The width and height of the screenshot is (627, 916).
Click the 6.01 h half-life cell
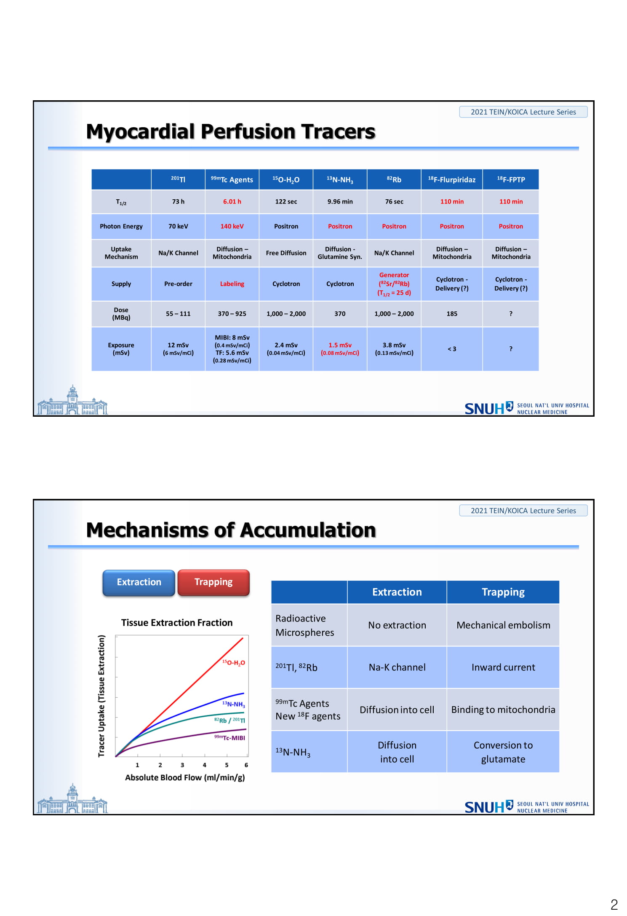(x=232, y=201)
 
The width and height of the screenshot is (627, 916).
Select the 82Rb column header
(x=394, y=179)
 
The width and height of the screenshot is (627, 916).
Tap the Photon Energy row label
(x=121, y=226)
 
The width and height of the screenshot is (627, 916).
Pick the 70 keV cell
(x=178, y=226)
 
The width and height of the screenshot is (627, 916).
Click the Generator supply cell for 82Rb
(x=394, y=284)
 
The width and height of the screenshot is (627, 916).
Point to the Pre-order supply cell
(x=178, y=284)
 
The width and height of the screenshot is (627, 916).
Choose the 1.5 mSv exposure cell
(x=340, y=349)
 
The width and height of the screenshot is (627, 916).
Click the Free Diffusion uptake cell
(x=286, y=253)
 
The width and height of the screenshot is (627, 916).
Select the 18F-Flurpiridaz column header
(x=452, y=179)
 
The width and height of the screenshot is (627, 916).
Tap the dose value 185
(x=452, y=313)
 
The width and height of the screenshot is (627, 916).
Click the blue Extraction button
(x=139, y=582)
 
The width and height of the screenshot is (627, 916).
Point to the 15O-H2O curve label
(x=234, y=663)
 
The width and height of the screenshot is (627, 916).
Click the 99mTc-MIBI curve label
(x=229, y=738)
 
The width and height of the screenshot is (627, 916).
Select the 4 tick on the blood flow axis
(x=205, y=765)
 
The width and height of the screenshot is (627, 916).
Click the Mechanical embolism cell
(x=503, y=625)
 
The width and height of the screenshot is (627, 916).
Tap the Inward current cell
(x=503, y=667)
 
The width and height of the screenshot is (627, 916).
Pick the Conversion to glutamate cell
(x=503, y=752)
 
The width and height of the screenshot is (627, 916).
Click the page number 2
(x=614, y=904)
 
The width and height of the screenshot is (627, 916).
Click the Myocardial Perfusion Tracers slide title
(x=231, y=131)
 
